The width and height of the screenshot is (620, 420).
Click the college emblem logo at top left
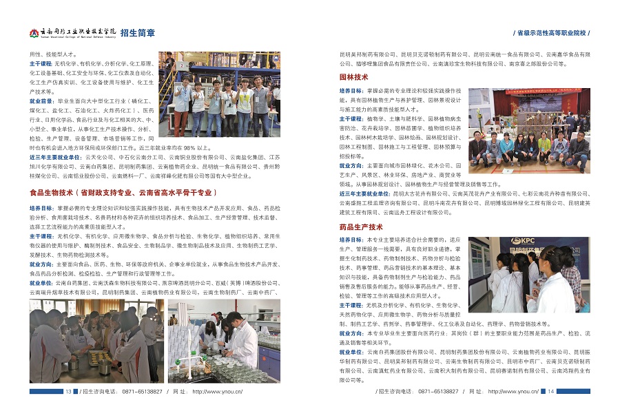tap(34, 32)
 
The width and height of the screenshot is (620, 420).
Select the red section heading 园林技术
tap(354, 77)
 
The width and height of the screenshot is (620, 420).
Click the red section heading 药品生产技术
tap(361, 227)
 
